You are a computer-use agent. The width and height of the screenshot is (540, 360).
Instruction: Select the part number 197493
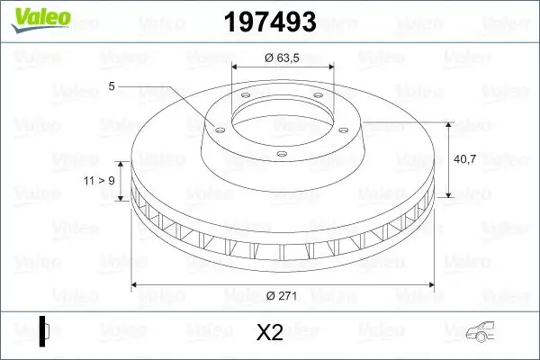271,21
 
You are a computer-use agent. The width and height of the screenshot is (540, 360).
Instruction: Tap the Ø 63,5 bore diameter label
283,60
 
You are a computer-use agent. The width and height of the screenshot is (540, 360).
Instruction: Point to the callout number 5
112,86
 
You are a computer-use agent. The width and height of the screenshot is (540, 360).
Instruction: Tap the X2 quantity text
270,333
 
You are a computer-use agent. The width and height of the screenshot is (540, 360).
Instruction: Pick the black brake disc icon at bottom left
45,330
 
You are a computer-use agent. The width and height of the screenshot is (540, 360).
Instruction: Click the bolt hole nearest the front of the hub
282,154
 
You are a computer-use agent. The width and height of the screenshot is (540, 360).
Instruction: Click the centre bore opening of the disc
283,114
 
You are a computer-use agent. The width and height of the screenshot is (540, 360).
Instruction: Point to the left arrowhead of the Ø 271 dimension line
136,285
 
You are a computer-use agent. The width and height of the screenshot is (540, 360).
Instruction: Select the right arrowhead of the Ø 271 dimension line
430,285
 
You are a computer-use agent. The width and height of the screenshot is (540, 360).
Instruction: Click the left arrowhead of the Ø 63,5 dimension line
237,68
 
